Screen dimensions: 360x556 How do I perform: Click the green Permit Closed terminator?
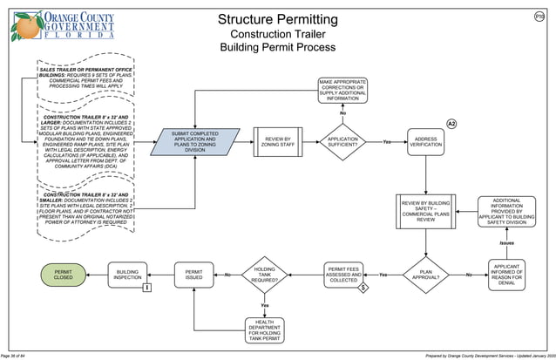63,275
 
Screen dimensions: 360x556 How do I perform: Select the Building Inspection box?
127,275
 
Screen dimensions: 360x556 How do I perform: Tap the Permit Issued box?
193,275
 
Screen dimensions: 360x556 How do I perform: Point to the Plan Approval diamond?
425,275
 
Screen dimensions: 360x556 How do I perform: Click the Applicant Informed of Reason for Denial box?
506,275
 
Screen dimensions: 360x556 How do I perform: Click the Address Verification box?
425,140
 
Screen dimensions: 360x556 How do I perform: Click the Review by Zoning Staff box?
271,140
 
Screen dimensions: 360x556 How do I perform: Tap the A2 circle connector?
451,124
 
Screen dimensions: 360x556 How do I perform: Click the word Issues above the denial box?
506,243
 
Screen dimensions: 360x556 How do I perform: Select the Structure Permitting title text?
277,19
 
